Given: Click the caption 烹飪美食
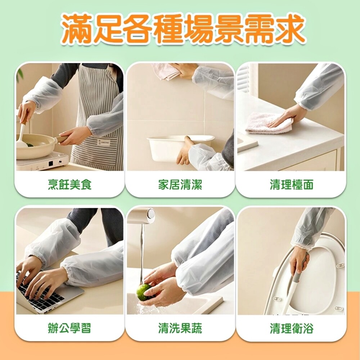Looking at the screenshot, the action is tap(69, 185).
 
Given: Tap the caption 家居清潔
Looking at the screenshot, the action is tap(180, 185).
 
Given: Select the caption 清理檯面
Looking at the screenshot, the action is tap(292, 185).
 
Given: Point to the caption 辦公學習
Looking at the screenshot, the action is tap(69, 328).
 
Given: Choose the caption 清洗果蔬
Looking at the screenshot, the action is tap(180, 328).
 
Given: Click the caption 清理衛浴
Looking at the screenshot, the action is tap(292, 328).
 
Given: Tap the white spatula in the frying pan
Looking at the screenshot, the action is tap(22, 135).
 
